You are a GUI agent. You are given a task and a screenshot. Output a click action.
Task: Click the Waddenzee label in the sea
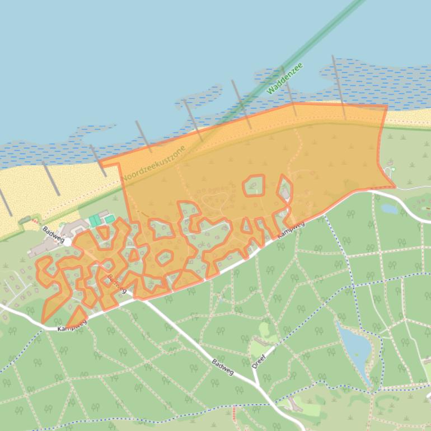pyautogui.click(x=284, y=78)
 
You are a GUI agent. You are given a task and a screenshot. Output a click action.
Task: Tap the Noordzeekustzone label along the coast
pyautogui.click(x=153, y=163)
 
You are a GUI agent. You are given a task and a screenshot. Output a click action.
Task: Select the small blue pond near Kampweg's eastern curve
pyautogui.click(x=389, y=209)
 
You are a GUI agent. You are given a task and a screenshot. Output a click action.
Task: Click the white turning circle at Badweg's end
pyautogui.click(x=67, y=242)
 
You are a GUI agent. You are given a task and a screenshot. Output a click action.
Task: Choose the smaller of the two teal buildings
pyautogui.click(x=110, y=219)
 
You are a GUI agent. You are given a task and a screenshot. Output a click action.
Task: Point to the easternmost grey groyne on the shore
pyautogui.click(x=339, y=87)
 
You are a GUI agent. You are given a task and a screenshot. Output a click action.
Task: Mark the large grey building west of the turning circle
pyautogui.click(x=45, y=248)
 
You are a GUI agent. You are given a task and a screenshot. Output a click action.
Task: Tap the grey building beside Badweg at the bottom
pyautogui.click(x=293, y=406)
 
